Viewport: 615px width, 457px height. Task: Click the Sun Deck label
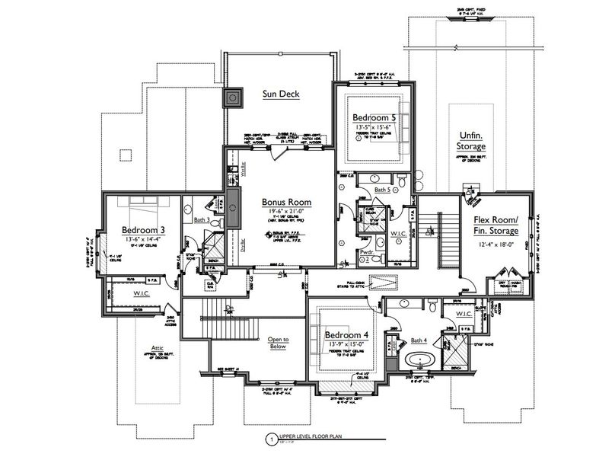282,94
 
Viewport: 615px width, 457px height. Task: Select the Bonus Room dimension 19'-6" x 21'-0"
283,213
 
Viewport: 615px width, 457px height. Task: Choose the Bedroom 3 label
144,229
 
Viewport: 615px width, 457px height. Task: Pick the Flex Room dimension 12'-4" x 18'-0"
496,244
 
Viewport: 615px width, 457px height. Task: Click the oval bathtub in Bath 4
418,360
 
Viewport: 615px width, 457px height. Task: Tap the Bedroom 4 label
346,334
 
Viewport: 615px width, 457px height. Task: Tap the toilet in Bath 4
432,308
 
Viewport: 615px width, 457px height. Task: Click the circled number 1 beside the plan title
270,439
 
